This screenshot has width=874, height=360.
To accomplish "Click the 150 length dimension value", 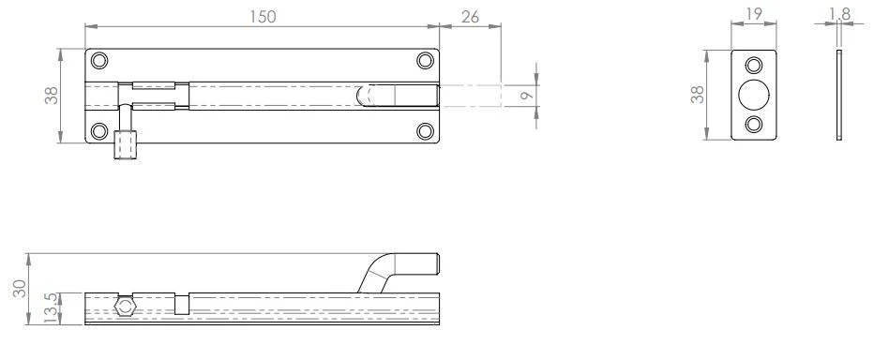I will coord(262,16).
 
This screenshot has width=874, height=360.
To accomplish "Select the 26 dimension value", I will coord(470,16).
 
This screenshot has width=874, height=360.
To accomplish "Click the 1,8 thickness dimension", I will coord(840,13).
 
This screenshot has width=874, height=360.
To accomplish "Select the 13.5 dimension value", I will coord(51,307).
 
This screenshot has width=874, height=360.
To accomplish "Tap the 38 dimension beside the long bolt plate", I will coord(53,95).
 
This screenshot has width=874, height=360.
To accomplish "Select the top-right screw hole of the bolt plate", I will coord(426,61).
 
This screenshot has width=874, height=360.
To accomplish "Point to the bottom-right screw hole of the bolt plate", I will coord(426,129).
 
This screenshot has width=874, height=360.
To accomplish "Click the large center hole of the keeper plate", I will coord(753,95).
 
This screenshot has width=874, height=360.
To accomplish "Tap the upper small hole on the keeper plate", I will coord(753,66).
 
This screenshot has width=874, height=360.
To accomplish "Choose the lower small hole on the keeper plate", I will coord(753,125).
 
